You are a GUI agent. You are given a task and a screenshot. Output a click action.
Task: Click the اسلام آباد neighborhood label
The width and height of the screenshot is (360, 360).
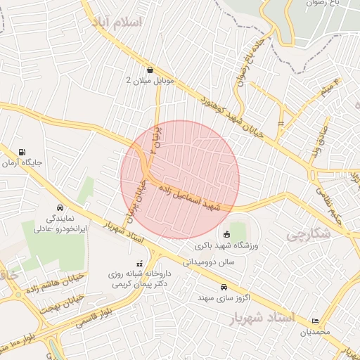tap(117, 22)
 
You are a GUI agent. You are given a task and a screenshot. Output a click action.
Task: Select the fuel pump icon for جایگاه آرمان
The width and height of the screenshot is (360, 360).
tap(23, 152)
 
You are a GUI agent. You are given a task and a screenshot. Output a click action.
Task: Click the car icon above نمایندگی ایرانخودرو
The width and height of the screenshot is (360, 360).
tap(60, 208)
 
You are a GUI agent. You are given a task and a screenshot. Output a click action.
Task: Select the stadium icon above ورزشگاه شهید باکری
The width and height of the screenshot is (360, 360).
tap(226, 234)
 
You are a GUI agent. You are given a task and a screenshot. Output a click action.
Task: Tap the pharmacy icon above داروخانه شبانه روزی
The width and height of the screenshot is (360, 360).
tap(139, 263)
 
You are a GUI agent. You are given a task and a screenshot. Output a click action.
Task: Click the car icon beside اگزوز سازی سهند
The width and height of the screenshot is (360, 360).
tap(224, 287)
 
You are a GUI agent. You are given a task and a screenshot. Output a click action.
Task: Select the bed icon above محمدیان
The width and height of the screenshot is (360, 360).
tap(314, 320)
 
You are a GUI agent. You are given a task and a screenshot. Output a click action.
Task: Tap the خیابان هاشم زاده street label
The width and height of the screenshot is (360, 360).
tap(56, 283)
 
